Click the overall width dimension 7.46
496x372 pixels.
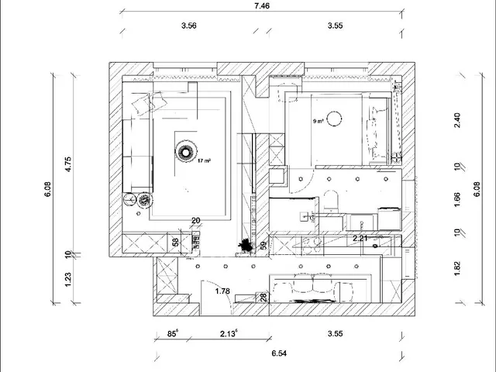coord(262,5)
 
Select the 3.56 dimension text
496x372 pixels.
coord(189,26)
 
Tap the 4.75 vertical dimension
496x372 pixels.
coord(68,164)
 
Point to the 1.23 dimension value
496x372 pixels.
coord(68,280)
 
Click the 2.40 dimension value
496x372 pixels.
coord(457,121)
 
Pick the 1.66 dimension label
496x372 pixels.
coord(457,200)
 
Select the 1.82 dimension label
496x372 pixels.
coord(457,268)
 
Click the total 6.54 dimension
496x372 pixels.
coord(279,353)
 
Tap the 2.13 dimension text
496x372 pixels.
coord(229,333)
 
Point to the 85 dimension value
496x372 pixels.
coord(173,333)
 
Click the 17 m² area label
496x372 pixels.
coord(204,160)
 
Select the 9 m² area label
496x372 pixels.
coord(319,121)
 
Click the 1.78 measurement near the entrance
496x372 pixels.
coord(222,291)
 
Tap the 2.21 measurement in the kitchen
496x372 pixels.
coord(360,238)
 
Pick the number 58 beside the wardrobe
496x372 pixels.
coord(176,242)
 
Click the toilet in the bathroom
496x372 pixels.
coord(331,201)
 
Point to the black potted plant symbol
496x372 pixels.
coord(246,245)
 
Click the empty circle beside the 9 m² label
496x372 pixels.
coord(334,119)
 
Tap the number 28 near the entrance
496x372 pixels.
coord(263,297)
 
